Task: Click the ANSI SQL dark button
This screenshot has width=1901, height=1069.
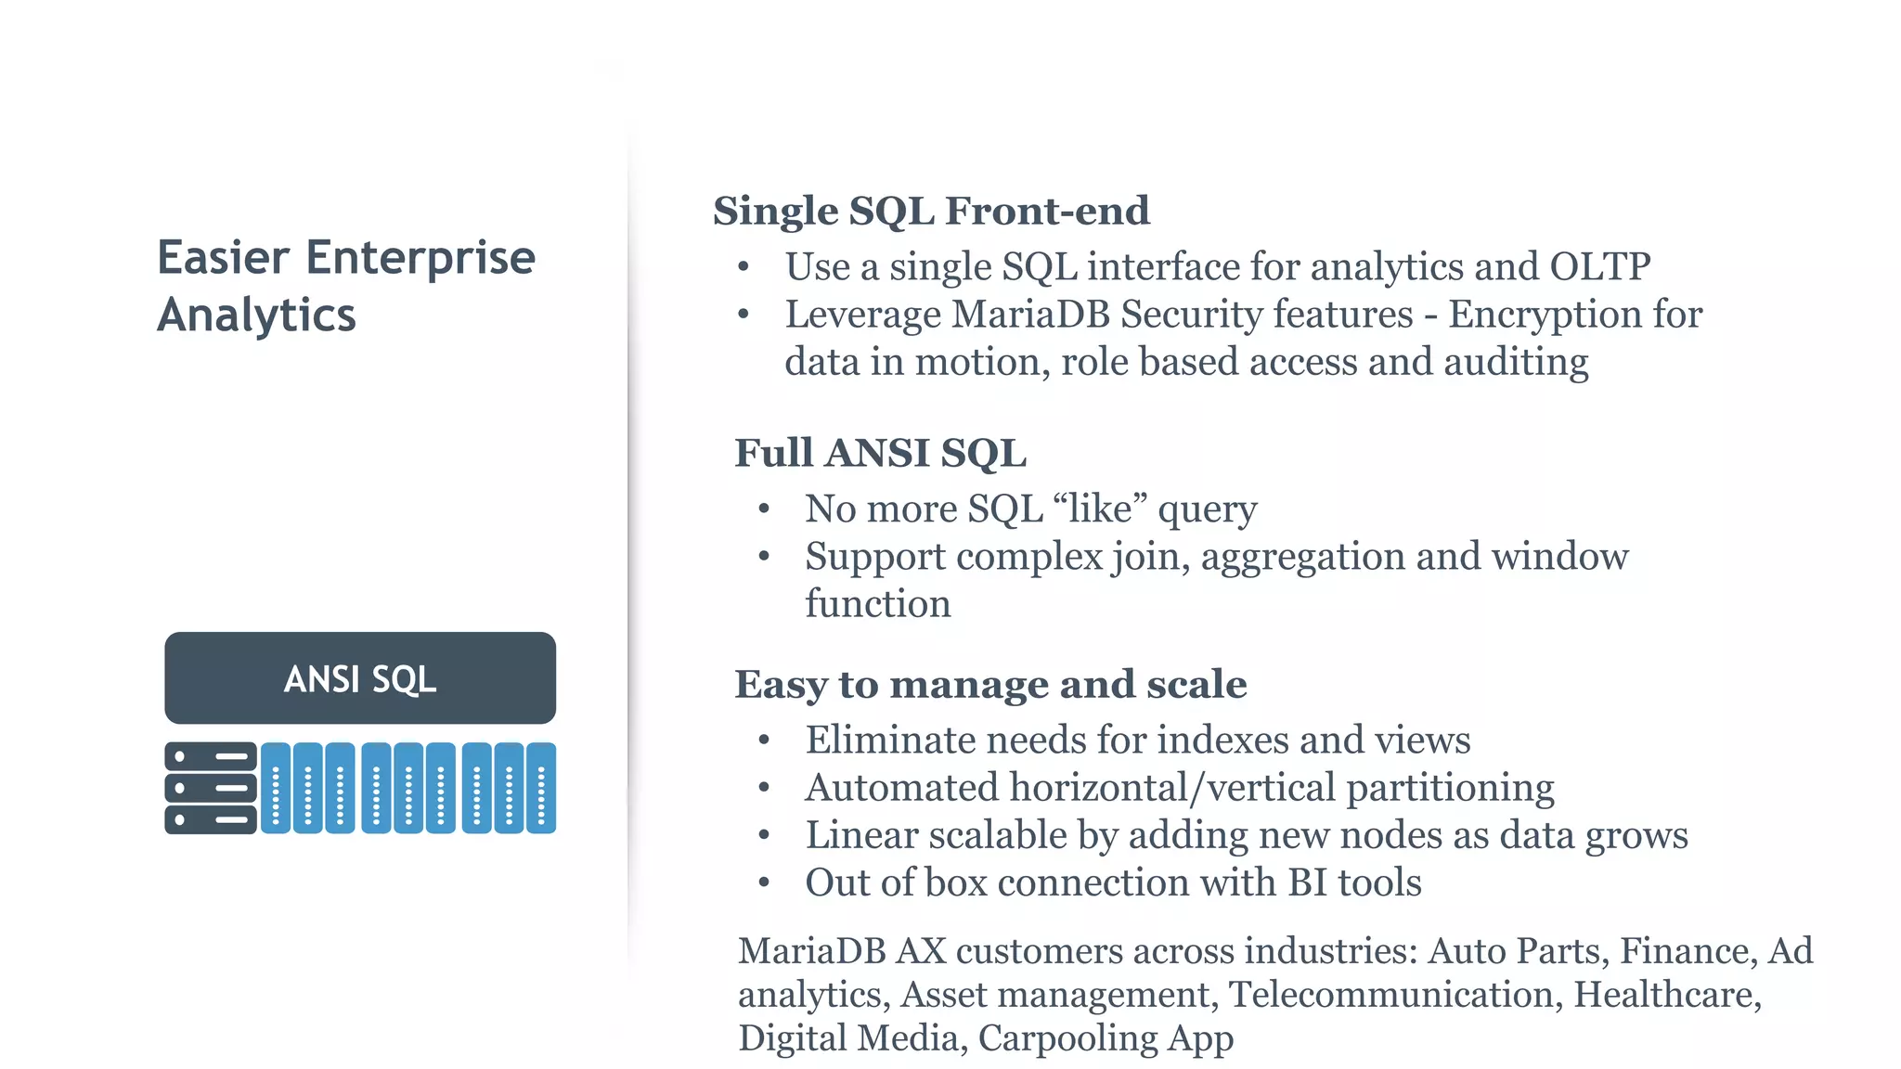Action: click(360, 678)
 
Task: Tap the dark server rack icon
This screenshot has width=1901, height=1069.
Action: click(211, 788)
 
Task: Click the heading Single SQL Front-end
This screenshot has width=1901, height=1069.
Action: click(931, 211)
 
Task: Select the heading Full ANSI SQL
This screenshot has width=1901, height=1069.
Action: click(880, 453)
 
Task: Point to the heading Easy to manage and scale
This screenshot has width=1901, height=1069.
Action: click(990, 684)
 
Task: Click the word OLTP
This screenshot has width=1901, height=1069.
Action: click(1600, 266)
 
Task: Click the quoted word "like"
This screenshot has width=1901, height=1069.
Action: click(1100, 509)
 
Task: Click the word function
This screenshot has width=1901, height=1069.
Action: click(877, 603)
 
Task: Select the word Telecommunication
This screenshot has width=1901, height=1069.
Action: click(1391, 994)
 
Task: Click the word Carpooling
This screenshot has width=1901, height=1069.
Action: click(1067, 1038)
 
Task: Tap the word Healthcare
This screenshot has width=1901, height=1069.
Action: click(1667, 994)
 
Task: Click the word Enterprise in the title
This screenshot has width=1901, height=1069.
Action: click(420, 258)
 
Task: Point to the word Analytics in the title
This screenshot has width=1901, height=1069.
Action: click(256, 316)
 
